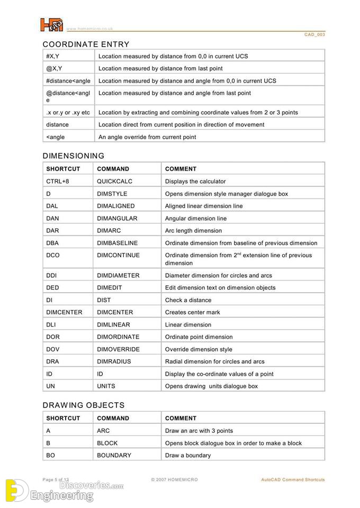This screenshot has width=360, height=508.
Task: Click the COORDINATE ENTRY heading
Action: pyautogui.click(x=86, y=44)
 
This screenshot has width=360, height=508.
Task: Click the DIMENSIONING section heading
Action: pyautogui.click(x=74, y=156)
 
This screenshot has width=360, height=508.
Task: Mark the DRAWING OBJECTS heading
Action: pyautogui.click(x=84, y=405)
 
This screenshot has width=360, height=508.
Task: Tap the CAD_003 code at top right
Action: pyautogui.click(x=314, y=34)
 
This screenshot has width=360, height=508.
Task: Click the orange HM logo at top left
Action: pyautogui.click(x=51, y=25)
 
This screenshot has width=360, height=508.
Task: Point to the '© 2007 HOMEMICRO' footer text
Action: pyautogui.click(x=174, y=479)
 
